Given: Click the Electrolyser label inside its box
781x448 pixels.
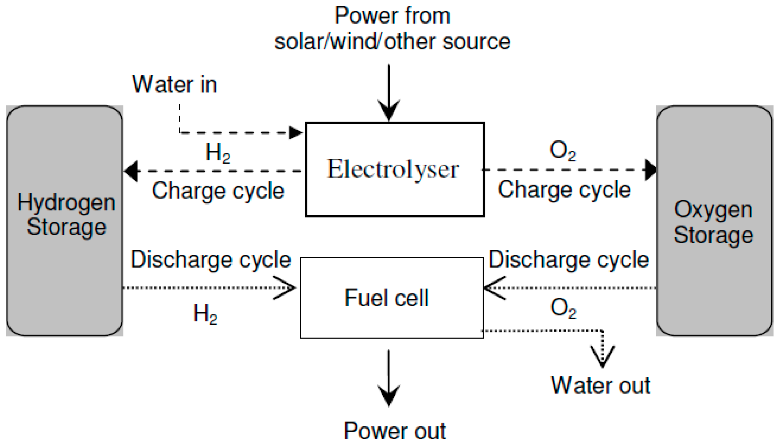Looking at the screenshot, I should point(393,169).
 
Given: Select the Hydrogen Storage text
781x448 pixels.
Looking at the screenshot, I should point(66,215).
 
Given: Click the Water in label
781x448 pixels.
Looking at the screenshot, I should point(175,85).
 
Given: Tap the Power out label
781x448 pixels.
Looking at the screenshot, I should point(395,431).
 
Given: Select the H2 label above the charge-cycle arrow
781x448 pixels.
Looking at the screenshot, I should point(218,152).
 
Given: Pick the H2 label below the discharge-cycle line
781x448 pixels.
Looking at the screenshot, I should point(205,313).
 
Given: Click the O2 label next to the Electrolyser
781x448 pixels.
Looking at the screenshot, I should point(563,150).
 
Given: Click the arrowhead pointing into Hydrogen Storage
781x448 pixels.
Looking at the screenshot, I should point(132,171).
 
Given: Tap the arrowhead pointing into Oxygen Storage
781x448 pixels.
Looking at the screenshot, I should point(650,170).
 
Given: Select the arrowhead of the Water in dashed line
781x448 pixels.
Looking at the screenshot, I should point(295,133).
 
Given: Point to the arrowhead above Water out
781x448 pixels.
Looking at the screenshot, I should point(602,357).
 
